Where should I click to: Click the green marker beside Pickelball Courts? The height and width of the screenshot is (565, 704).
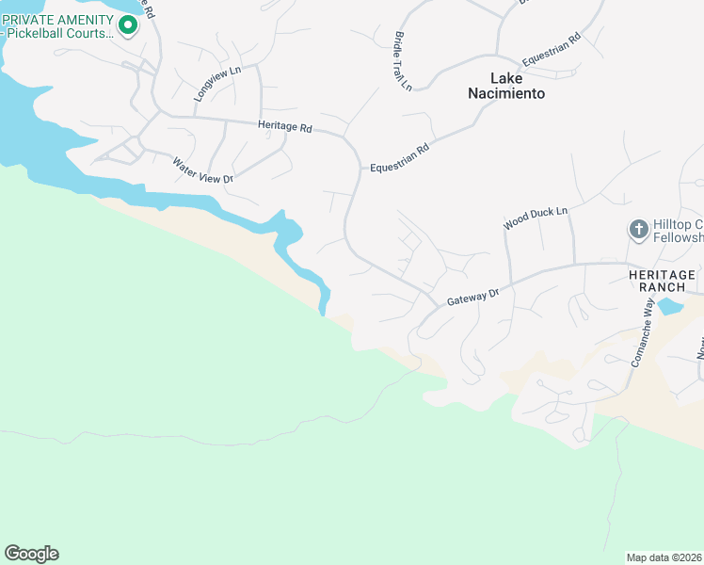coord(128,24)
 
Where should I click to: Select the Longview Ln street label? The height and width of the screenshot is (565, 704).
coord(217,83)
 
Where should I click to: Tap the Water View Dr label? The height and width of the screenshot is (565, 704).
coord(201,169)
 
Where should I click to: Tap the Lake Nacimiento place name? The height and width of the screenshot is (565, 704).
coord(506,86)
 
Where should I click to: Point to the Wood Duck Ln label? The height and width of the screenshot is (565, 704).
coord(536,218)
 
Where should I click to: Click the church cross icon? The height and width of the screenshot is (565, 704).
coord(637,230)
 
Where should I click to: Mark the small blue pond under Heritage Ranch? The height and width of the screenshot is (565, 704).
coord(669,306)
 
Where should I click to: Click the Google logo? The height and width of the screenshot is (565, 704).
coord(31,554)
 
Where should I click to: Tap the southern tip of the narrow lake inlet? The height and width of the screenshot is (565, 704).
coord(323,313)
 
